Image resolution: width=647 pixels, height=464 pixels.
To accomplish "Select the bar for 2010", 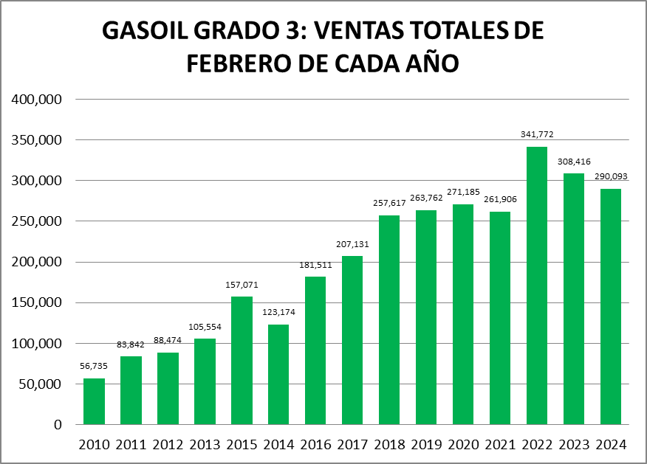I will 94,401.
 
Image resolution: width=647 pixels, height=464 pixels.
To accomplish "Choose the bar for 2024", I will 611,306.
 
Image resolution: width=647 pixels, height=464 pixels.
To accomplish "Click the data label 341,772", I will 537,134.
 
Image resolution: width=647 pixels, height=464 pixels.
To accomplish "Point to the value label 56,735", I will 94,366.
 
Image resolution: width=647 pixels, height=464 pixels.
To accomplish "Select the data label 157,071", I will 242,284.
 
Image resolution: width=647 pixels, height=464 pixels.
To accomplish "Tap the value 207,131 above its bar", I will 352,243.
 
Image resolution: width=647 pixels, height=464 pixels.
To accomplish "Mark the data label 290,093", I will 611,176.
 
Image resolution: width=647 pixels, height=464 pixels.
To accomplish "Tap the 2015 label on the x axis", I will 242,445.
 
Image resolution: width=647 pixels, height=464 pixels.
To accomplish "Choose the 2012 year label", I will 168,445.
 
